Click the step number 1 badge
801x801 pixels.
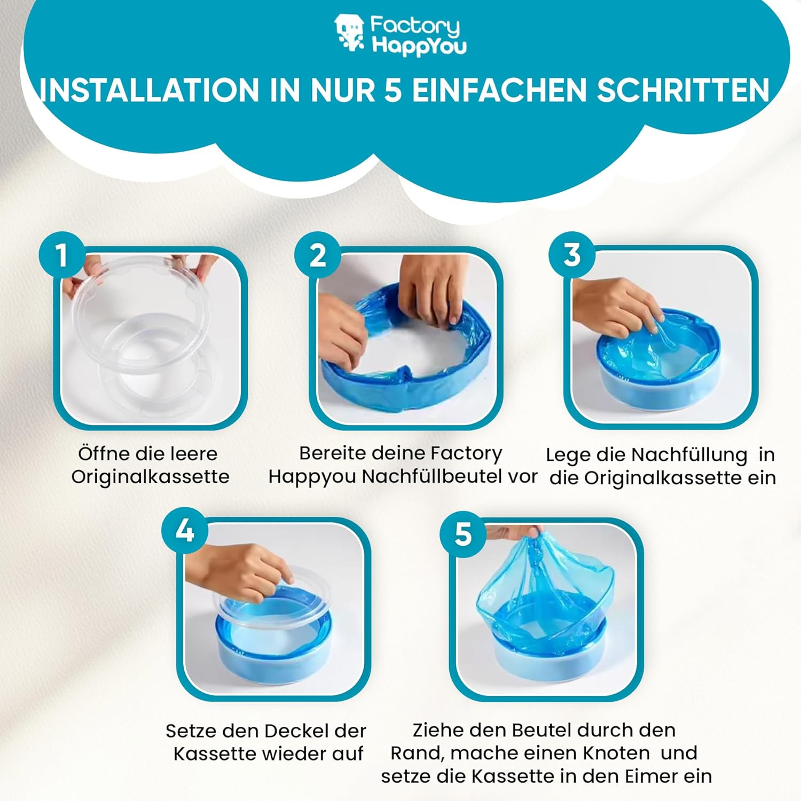(62, 254)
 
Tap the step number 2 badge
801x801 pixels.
(317, 254)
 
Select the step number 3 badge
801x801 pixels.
(572, 254)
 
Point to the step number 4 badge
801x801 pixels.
(185, 530)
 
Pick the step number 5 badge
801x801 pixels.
(463, 534)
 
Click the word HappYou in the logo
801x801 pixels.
(419, 45)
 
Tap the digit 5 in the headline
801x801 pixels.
(393, 90)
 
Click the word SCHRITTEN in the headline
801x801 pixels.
(683, 90)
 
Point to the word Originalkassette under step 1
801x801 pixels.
(150, 477)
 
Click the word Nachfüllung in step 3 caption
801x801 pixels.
(689, 455)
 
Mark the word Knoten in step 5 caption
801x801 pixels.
(616, 753)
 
